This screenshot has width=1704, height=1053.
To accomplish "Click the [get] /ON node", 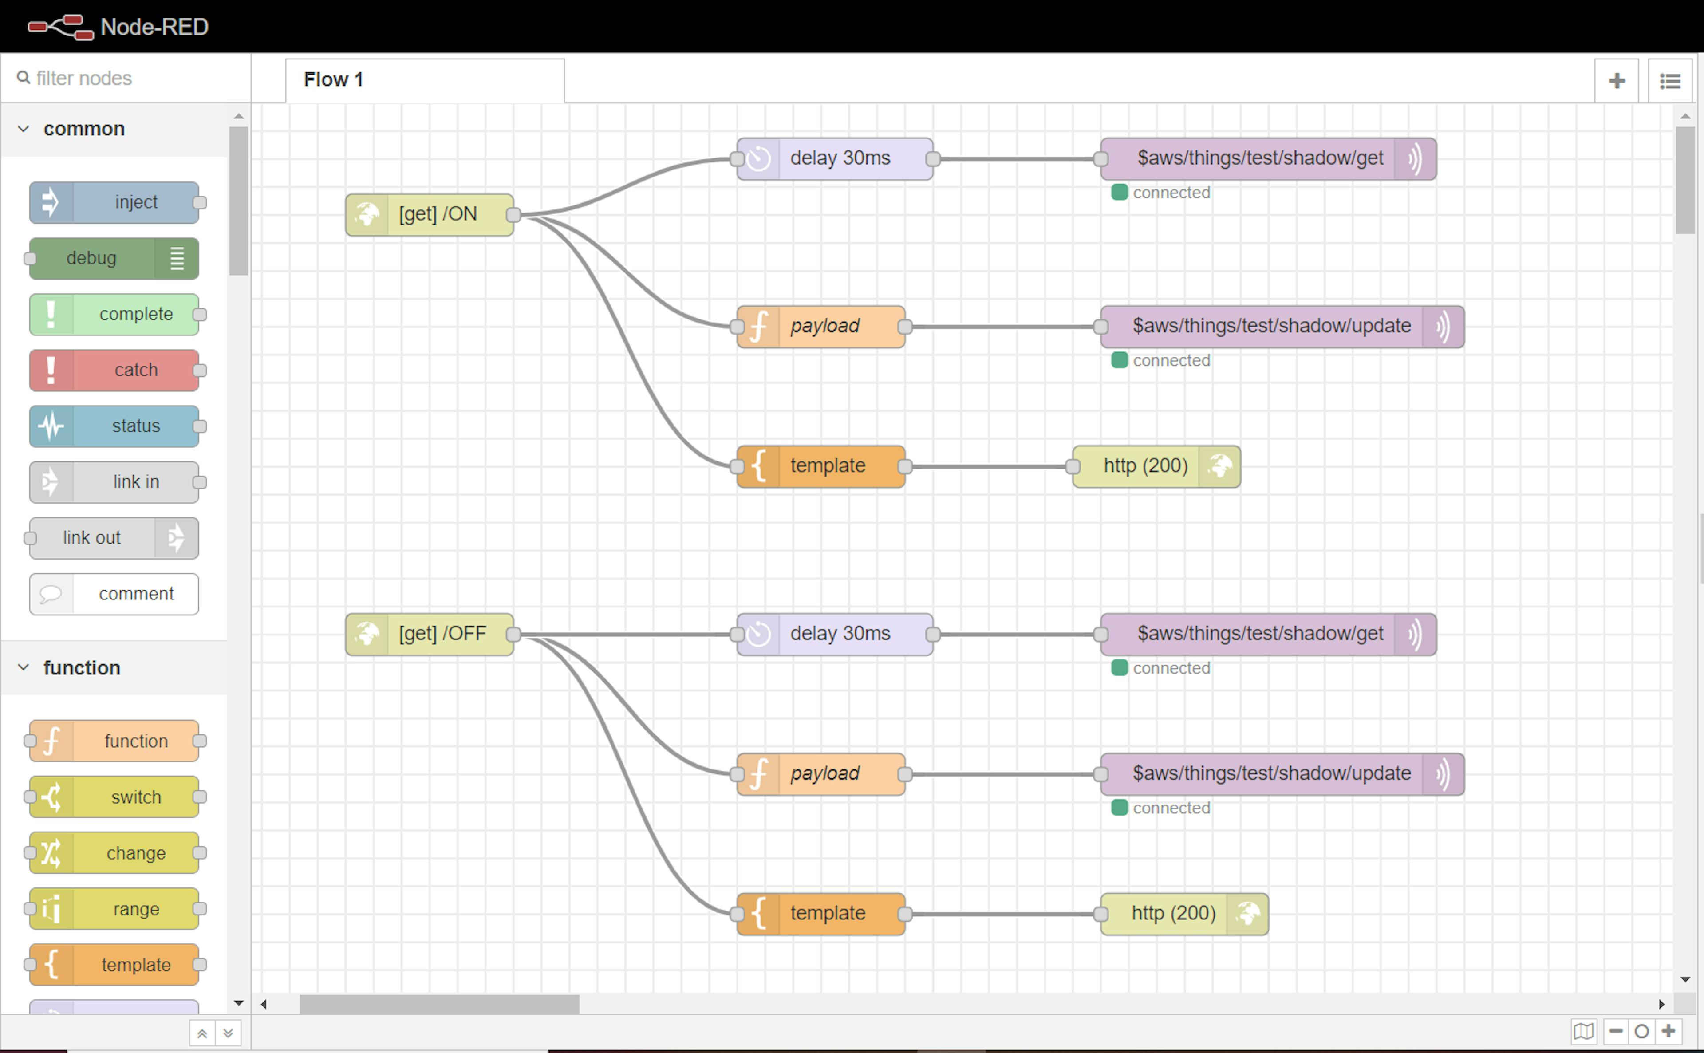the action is [x=430, y=214].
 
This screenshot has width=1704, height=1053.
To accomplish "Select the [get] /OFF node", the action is [x=430, y=634].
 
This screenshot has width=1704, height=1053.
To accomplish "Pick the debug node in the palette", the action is [x=114, y=258].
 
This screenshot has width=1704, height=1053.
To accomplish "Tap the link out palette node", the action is [x=114, y=538].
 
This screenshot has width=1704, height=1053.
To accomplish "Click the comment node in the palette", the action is [x=114, y=594].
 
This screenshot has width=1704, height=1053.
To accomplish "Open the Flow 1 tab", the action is [x=425, y=80].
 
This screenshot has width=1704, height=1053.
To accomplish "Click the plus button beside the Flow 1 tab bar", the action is [x=1616, y=81].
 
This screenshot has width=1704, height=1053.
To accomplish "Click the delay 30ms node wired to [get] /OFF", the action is [x=835, y=634].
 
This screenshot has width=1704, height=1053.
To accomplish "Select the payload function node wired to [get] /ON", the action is [x=821, y=327].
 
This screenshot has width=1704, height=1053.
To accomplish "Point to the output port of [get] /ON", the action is [x=513, y=214].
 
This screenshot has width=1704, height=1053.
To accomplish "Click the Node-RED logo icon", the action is [x=61, y=27].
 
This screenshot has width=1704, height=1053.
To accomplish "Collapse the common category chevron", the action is [x=24, y=129].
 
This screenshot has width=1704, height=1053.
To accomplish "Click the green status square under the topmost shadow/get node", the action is [x=1120, y=192].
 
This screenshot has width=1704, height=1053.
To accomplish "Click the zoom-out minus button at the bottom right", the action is [x=1616, y=1031].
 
